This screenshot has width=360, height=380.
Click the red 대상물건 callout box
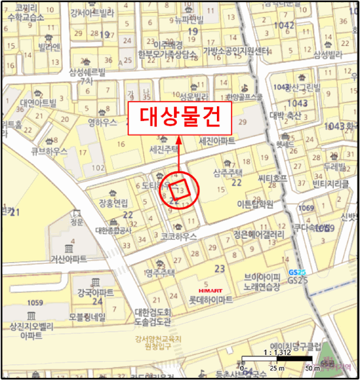(x=179, y=116)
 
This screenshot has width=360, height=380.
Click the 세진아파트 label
(x=217, y=141)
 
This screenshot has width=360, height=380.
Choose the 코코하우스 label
(x=178, y=237)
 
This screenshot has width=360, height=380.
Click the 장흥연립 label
(x=113, y=204)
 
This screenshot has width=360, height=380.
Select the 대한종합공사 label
(x=113, y=230)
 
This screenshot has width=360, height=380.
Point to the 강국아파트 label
(x=95, y=293)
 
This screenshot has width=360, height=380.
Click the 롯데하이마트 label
(x=210, y=300)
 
